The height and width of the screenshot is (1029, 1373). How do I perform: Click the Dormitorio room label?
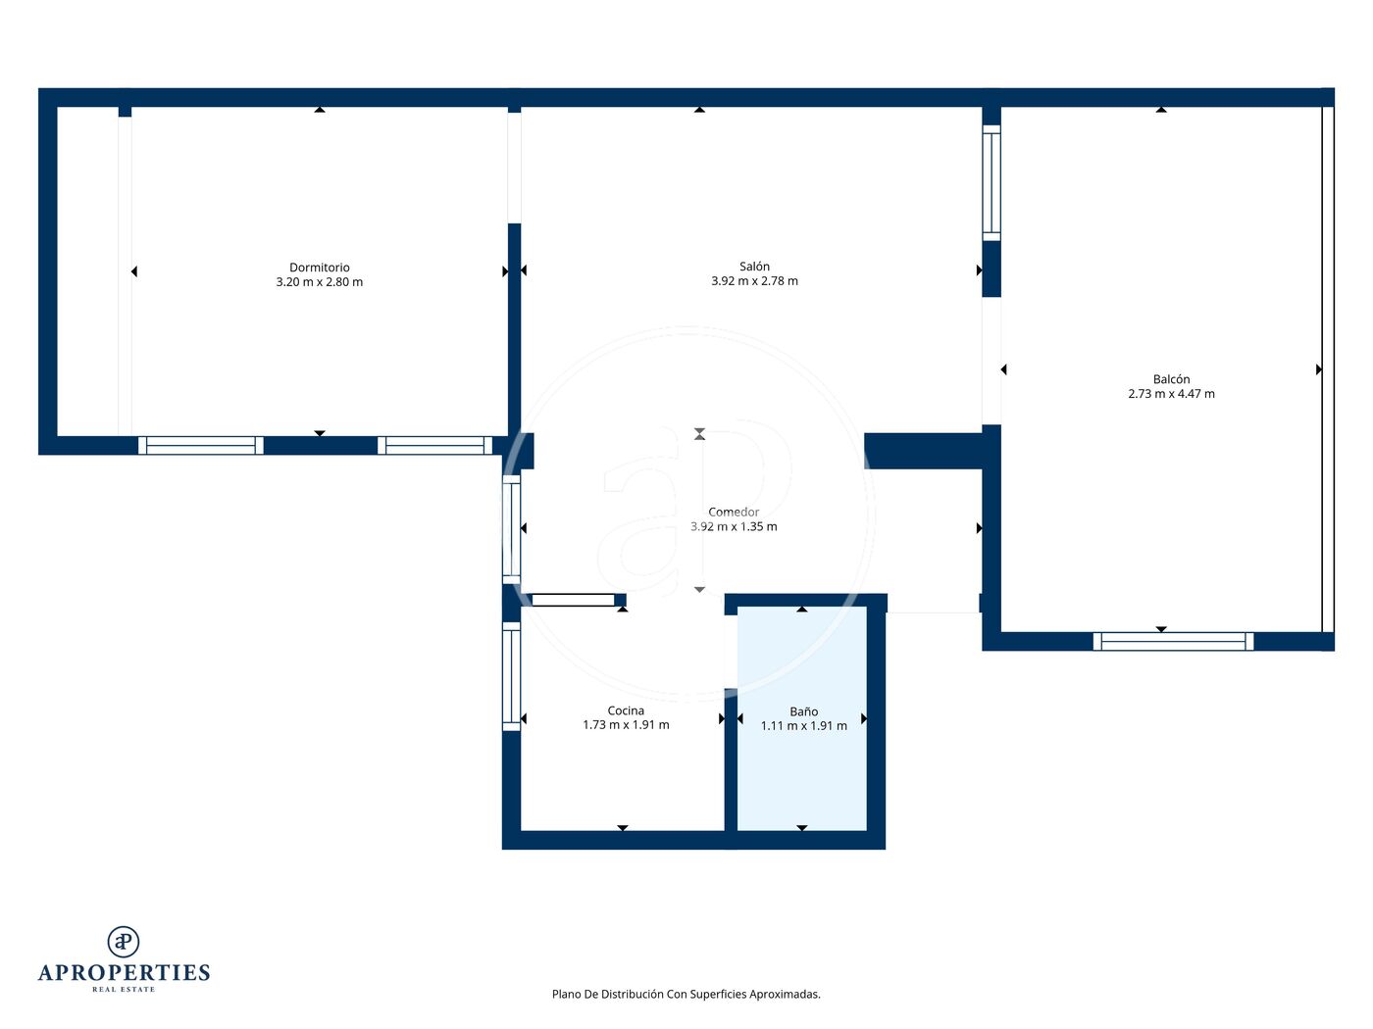tap(319, 268)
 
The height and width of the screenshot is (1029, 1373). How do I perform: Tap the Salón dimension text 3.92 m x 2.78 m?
tap(754, 281)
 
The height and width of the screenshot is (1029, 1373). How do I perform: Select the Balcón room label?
tap(1171, 379)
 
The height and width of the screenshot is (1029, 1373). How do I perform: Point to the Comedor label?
tap(734, 513)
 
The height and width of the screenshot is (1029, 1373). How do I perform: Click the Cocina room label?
tap(626, 710)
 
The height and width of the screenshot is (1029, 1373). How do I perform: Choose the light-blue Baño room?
tap(802, 718)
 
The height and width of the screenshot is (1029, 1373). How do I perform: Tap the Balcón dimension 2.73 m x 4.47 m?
tap(1171, 394)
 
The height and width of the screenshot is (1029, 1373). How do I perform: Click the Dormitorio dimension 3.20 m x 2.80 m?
tap(319, 282)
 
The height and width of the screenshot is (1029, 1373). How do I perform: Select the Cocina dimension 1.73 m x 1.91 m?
tap(626, 725)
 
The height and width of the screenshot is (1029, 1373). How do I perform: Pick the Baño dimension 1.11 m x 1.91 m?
tap(804, 726)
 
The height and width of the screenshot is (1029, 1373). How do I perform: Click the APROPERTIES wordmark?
tap(124, 973)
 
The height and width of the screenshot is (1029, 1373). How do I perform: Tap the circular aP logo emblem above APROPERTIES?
tap(124, 942)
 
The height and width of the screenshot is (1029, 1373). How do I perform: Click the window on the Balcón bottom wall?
tap(1174, 642)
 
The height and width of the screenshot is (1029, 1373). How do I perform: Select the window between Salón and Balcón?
tap(992, 182)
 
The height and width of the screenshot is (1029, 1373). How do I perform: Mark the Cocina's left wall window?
tap(511, 676)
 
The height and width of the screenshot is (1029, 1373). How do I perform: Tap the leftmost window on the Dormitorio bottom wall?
tap(201, 446)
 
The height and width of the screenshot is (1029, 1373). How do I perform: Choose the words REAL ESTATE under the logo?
tap(124, 990)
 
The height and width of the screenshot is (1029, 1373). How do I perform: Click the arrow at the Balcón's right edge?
tap(1319, 369)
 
